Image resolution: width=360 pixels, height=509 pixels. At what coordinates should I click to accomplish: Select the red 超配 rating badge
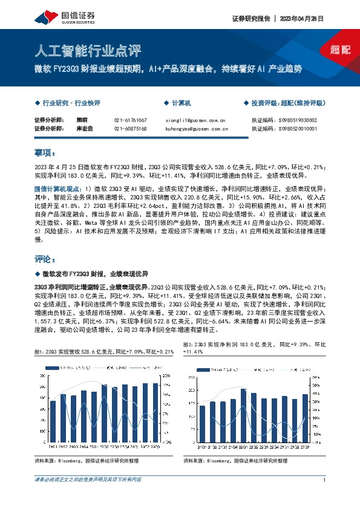(x=340, y=50)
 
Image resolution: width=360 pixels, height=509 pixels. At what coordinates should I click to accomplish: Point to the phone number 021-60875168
(x=131, y=129)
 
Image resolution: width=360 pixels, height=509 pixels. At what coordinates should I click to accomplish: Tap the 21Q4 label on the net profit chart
(x=233, y=447)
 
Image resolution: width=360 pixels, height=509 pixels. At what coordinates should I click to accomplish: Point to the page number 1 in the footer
(x=325, y=480)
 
